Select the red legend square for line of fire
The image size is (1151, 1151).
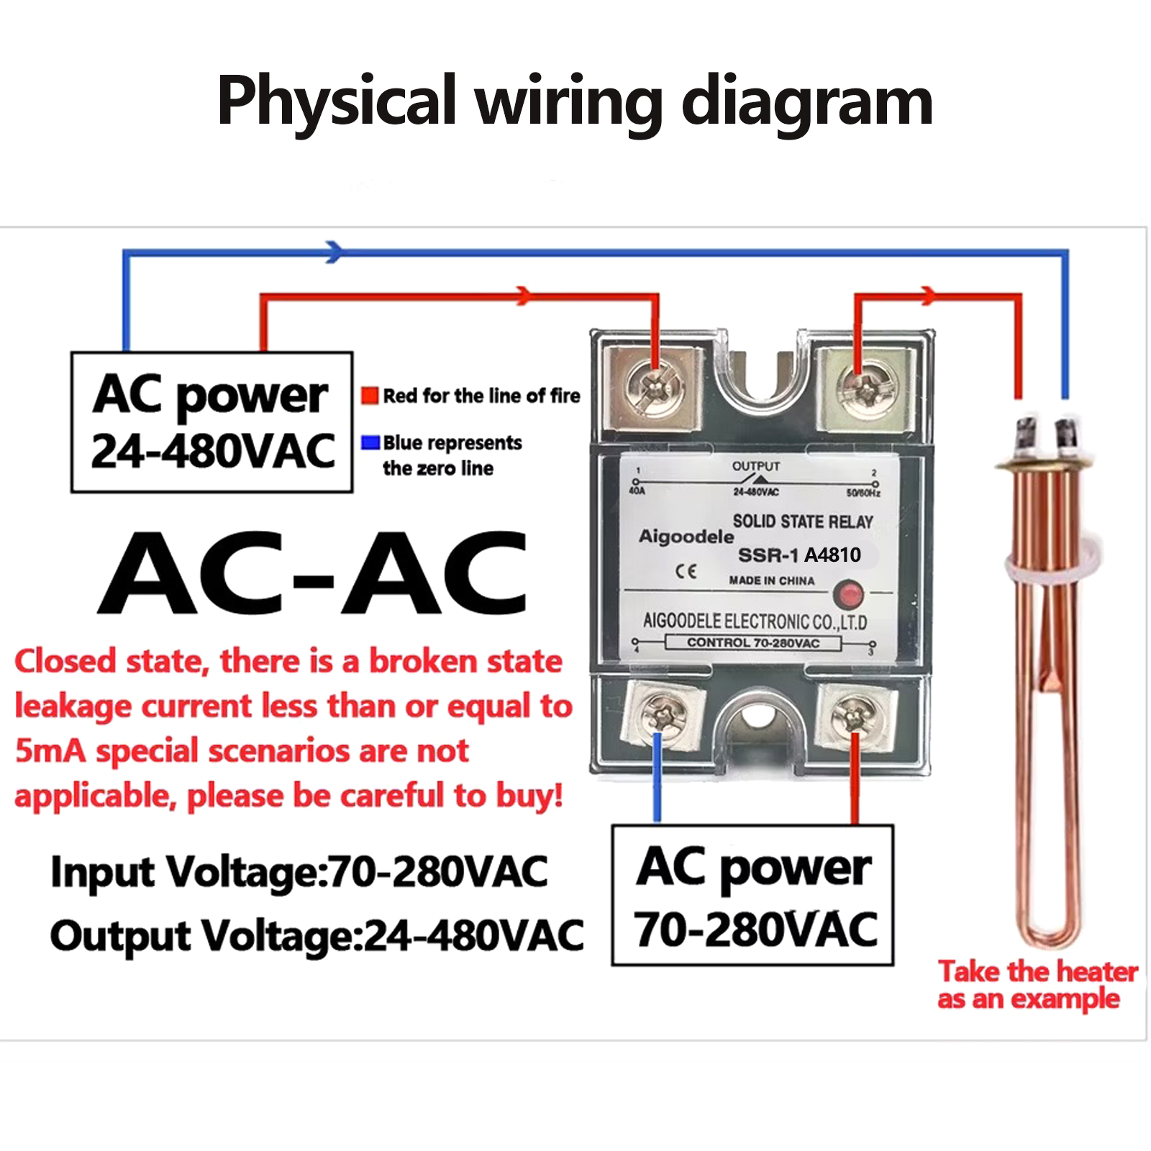[370, 396]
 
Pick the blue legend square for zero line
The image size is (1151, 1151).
[370, 442]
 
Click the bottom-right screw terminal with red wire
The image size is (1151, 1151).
[854, 716]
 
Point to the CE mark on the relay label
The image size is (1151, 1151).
[686, 571]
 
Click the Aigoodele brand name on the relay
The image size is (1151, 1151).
[686, 536]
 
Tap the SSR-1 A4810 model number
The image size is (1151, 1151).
[799, 555]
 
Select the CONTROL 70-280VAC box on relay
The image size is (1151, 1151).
[752, 642]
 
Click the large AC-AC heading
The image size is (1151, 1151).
[313, 573]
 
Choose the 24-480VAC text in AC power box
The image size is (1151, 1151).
[213, 452]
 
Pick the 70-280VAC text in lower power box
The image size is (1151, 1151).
[755, 929]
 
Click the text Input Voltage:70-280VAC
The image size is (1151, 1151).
[299, 872]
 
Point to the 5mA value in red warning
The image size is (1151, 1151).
[50, 751]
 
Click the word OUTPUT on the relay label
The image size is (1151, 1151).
[755, 466]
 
